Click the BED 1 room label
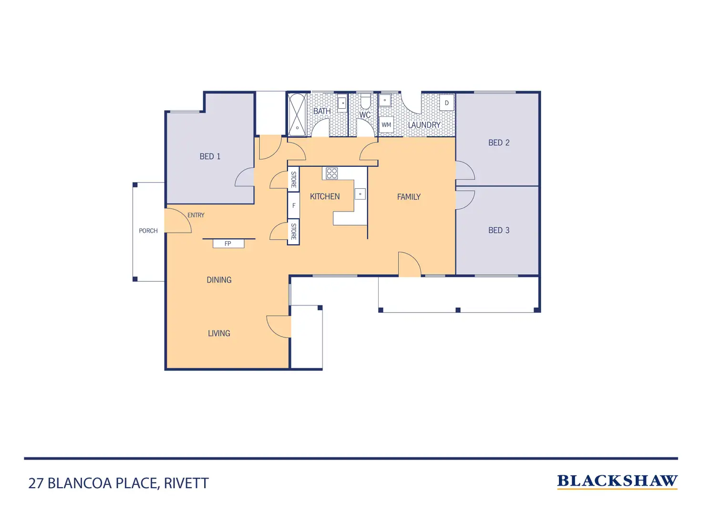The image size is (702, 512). [210, 156]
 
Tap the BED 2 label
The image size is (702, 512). [499, 143]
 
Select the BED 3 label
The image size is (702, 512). [499, 230]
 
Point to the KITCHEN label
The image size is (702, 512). [325, 196]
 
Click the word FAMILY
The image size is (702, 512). [409, 196]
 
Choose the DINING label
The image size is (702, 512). [219, 280]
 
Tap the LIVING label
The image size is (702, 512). [219, 333]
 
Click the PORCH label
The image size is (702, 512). [148, 231]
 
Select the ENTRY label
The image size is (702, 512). [196, 215]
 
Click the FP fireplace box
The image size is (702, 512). [228, 244]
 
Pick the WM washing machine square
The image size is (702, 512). [386, 125]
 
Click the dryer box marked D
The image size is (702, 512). [447, 103]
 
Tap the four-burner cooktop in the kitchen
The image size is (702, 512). [332, 173]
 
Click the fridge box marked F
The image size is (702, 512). [294, 205]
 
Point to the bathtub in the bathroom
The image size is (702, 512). [297, 115]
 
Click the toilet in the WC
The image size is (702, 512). [365, 102]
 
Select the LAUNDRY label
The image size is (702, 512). [424, 125]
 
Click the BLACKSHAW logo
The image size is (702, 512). [617, 481]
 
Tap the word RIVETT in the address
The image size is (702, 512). [186, 483]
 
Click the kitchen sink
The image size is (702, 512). [360, 194]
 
